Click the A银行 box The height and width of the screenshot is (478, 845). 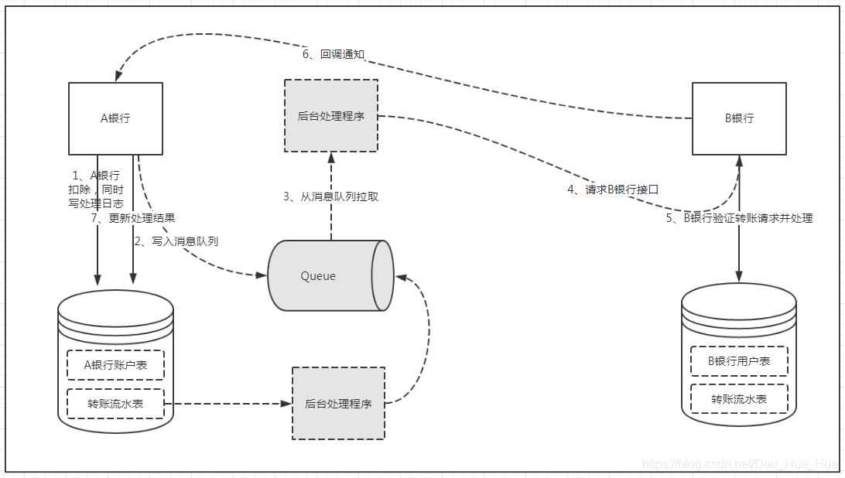[115, 118]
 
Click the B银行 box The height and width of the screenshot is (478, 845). [738, 118]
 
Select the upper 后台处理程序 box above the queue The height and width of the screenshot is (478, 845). [331, 115]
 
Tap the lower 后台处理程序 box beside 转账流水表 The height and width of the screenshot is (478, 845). [338, 403]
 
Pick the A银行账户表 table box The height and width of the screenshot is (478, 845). [115, 364]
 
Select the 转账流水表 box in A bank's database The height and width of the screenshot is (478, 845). [115, 403]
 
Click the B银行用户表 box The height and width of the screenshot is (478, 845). [739, 360]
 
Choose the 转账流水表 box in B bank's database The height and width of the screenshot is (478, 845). [739, 399]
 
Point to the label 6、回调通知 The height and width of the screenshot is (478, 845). [333, 54]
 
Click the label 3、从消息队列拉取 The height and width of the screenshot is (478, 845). [330, 196]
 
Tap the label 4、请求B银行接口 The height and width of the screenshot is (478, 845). [612, 189]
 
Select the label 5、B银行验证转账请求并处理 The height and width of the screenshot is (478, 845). [739, 218]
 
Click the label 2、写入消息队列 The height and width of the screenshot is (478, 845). [176, 241]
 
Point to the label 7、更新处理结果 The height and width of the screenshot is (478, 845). [133, 217]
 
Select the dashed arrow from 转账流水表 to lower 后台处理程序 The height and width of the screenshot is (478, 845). [228, 404]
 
